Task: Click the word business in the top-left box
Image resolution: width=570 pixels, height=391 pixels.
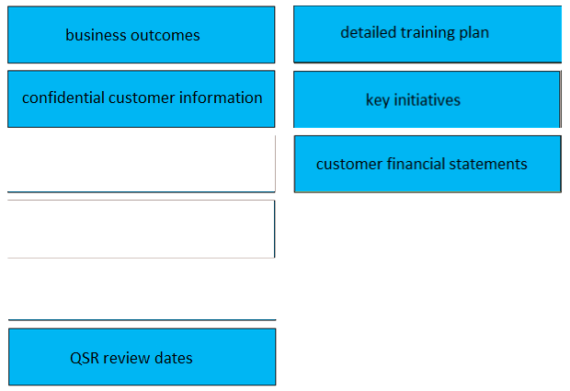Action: pyautogui.click(x=97, y=35)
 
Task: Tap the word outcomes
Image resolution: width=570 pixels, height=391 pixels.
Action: pyautogui.click(x=165, y=36)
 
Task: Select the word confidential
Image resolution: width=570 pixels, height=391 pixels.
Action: pyautogui.click(x=63, y=98)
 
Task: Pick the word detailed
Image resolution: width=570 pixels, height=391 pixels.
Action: pyautogui.click(x=369, y=32)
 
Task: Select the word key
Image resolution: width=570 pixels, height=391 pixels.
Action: pyautogui.click(x=378, y=100)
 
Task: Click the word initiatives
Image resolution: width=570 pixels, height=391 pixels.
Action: pyautogui.click(x=427, y=100)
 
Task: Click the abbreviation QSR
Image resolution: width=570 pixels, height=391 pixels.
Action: pyautogui.click(x=85, y=358)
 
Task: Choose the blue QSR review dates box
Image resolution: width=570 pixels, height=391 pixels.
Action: pyautogui.click(x=142, y=357)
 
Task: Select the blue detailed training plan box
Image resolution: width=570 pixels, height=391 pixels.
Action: pyautogui.click(x=427, y=34)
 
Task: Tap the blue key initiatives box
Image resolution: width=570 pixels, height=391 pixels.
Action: pyautogui.click(x=427, y=99)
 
